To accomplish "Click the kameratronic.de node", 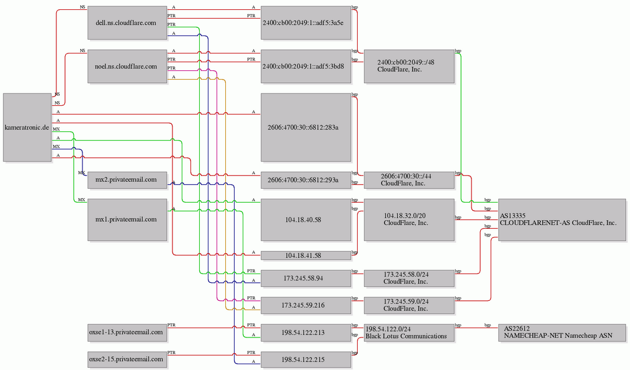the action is [x=27, y=127].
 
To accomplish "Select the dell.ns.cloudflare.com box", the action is [x=127, y=23].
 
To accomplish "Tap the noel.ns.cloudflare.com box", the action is [x=127, y=66].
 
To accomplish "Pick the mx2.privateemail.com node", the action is [x=127, y=180].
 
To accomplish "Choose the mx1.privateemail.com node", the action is [x=127, y=220].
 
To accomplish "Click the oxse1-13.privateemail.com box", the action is [x=127, y=333].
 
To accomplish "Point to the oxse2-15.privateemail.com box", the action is [x=127, y=360].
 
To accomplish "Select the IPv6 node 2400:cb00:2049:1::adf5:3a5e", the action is [x=306, y=23].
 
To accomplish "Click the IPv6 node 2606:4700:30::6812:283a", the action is [x=306, y=127].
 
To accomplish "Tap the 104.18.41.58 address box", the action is [x=306, y=256].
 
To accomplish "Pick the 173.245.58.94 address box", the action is [x=306, y=278].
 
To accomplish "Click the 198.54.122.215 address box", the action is [x=306, y=360].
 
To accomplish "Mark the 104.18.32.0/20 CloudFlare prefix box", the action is [x=409, y=220].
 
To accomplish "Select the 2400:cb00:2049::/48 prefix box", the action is [x=409, y=66].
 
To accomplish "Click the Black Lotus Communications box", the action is [x=409, y=333].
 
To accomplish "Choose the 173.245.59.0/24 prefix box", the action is [x=409, y=306].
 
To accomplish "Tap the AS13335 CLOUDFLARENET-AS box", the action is [x=562, y=220].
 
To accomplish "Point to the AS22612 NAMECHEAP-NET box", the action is [x=562, y=333].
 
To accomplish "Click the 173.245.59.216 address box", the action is [x=306, y=306].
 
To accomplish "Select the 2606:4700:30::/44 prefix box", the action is [x=409, y=180].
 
